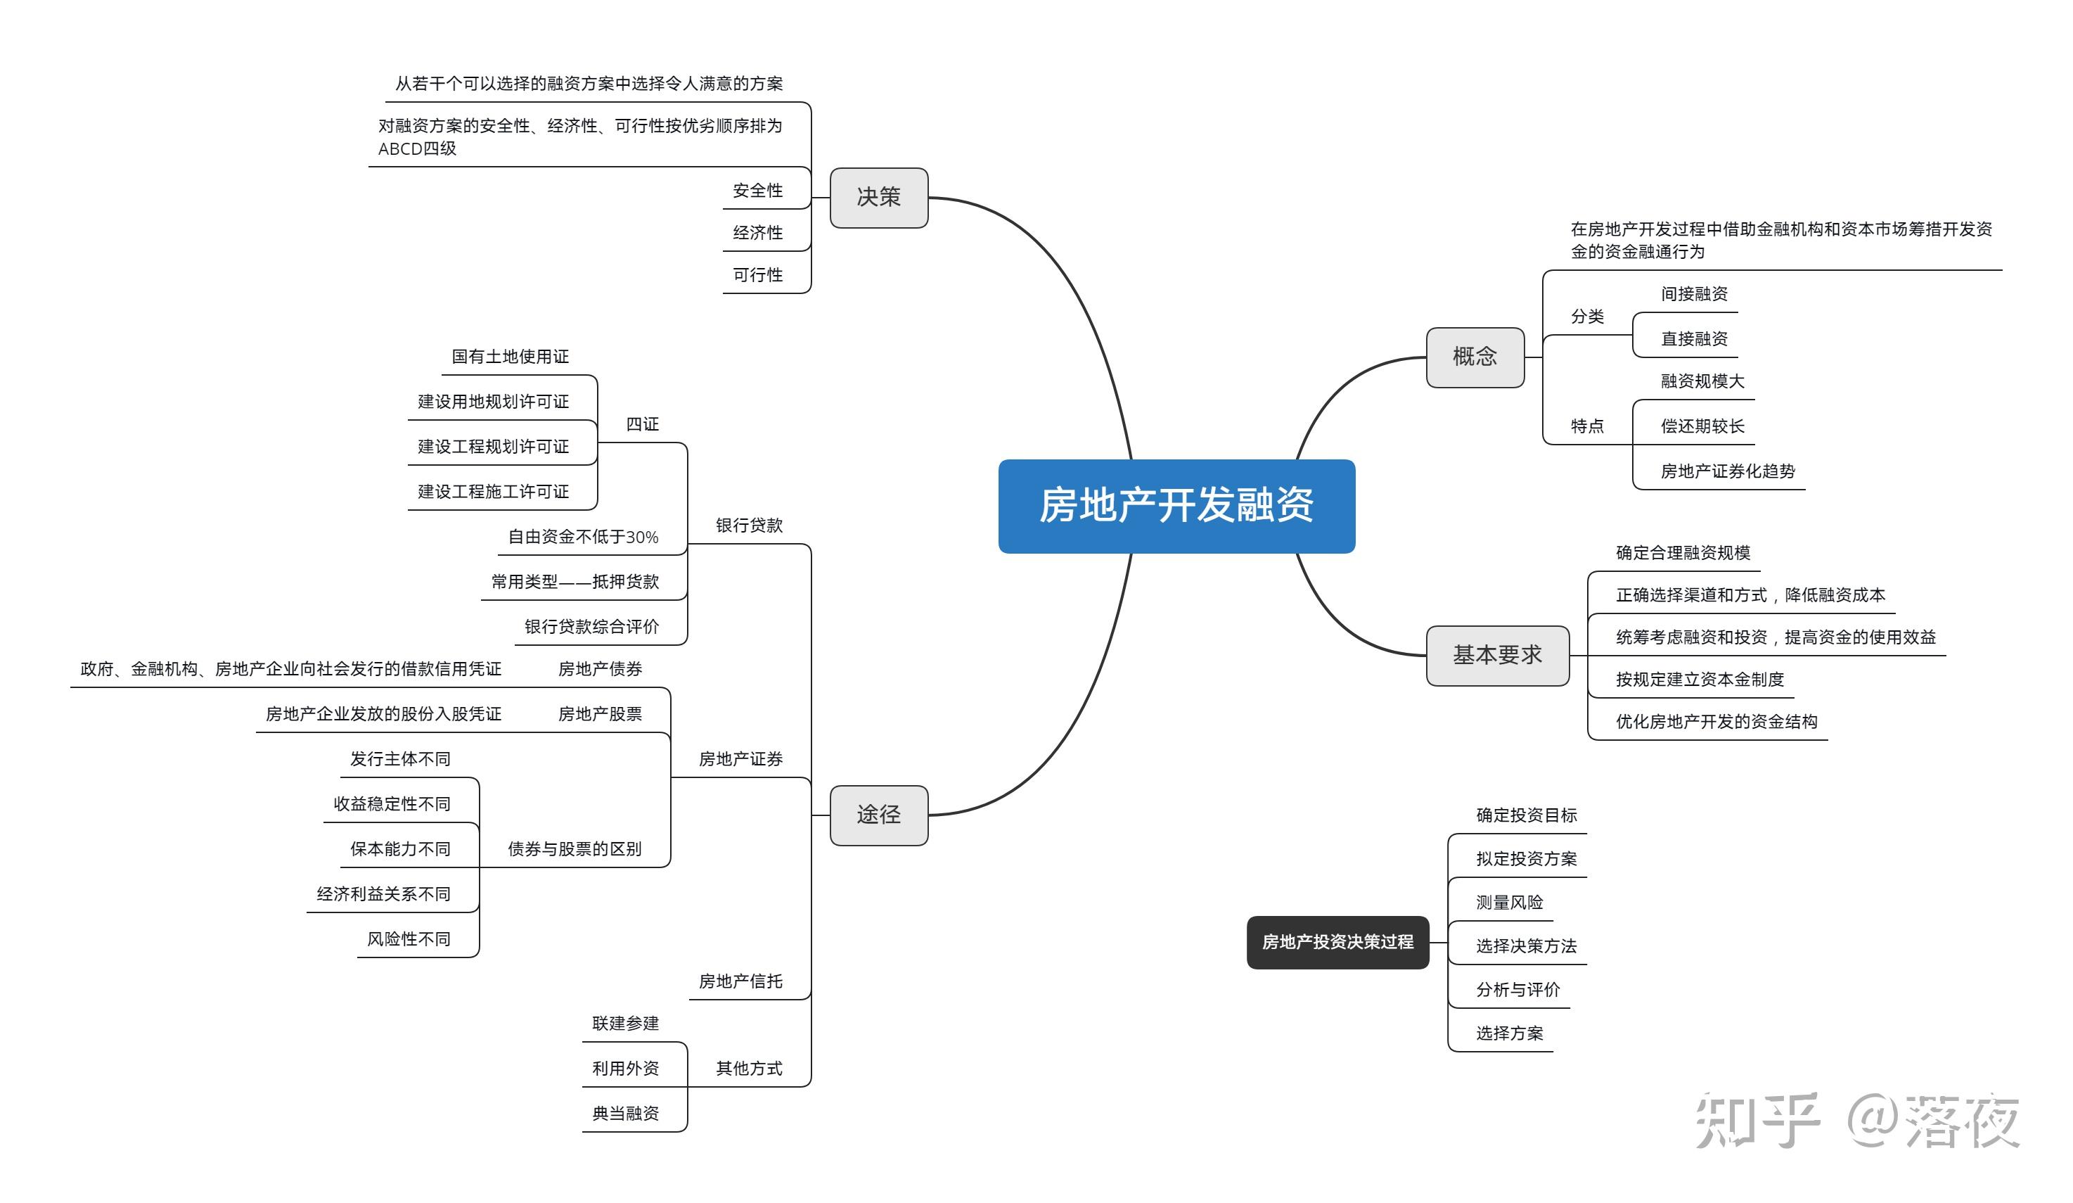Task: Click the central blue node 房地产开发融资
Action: [1176, 505]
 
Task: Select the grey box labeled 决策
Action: [878, 198]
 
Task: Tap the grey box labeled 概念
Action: [1474, 357]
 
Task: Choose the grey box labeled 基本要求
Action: [1496, 655]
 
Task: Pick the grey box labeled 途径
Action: [878, 815]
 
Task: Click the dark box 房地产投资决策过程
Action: [1337, 941]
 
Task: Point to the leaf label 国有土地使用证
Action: [510, 356]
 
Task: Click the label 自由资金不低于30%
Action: [582, 537]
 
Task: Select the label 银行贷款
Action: [749, 525]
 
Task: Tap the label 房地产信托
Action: [740, 981]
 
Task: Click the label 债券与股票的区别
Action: [575, 848]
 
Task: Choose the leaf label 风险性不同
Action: [408, 939]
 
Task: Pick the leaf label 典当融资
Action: [625, 1114]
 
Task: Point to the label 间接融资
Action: [1694, 294]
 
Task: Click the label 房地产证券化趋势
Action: [1728, 471]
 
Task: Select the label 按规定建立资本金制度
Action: [1700, 679]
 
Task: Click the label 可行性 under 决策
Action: [757, 275]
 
